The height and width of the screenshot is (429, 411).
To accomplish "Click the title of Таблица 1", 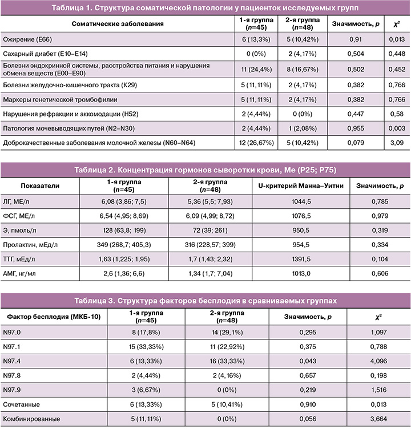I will click(205, 8).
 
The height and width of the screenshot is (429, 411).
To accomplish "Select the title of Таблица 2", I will click(205, 170).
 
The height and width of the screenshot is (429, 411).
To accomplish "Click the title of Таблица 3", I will click(205, 300).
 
